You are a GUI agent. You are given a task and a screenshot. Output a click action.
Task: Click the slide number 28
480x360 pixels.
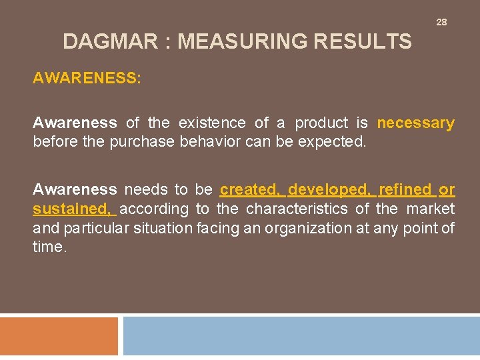coord(441,22)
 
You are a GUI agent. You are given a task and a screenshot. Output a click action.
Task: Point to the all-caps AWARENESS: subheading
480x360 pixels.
coord(87,78)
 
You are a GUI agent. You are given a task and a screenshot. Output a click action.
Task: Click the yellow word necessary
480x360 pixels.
coord(415,123)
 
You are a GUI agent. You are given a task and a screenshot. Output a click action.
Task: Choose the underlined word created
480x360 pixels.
coord(251,189)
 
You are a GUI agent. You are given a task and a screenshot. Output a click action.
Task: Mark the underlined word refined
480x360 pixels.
coord(405,189)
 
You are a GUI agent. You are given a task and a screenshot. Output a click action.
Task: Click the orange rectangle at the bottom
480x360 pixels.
coord(59,335)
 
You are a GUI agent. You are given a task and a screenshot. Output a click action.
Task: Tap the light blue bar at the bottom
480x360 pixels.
coord(301,335)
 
